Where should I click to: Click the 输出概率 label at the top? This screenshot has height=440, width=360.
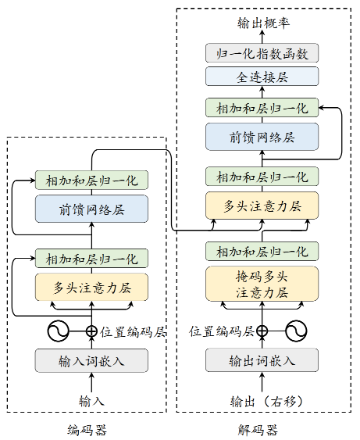pos(262,23)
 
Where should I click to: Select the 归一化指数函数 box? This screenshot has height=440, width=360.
pos(262,53)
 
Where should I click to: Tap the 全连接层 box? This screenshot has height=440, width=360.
pos(262,77)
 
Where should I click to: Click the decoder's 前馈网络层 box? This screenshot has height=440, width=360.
pos(262,137)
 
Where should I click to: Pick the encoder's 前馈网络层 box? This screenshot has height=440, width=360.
pos(91,209)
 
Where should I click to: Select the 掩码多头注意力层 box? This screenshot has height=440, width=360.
pos(262,284)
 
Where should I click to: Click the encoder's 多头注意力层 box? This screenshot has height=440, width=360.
pos(91,287)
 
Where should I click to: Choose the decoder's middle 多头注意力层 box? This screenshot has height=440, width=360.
pos(262,206)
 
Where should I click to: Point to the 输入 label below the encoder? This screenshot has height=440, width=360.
pos(91,401)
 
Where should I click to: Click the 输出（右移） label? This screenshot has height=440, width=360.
pos(262,401)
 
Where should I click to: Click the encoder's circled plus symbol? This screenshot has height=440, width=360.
pos(91,331)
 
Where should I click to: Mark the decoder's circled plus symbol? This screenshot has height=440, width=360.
pos(262,331)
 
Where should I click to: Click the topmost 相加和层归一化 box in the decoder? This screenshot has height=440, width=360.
pos(262,107)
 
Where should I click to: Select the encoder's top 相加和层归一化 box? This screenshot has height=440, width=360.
pos(91,181)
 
